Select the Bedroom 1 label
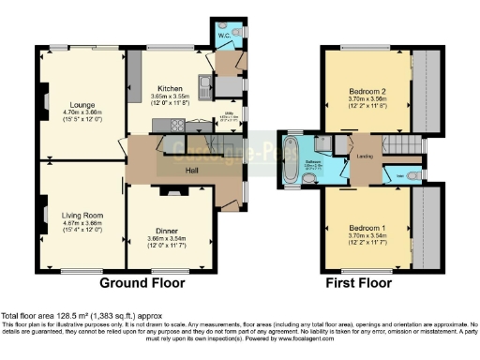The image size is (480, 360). pos(367,228)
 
